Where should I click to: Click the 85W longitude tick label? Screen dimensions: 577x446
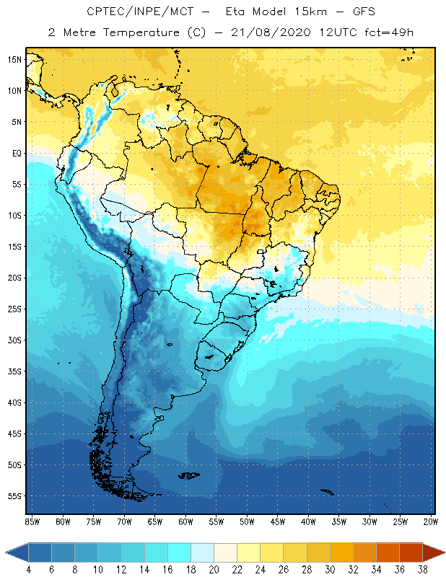(x=32, y=521)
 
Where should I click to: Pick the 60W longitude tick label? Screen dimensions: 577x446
(x=186, y=521)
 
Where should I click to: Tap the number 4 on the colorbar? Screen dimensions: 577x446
(x=29, y=570)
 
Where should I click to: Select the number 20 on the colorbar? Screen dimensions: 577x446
(x=214, y=570)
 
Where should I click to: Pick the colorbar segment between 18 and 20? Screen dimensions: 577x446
(x=203, y=552)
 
